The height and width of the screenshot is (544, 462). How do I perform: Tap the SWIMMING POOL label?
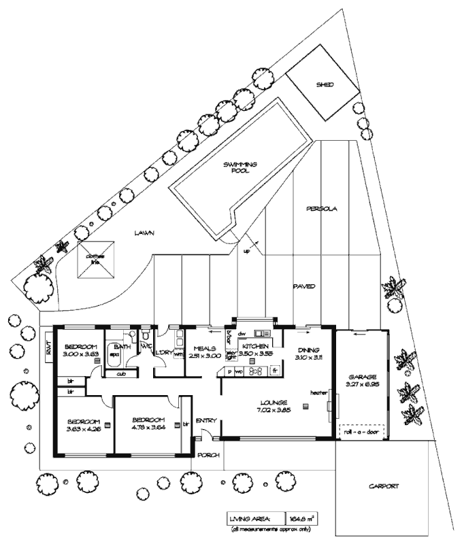pyautogui.click(x=237, y=168)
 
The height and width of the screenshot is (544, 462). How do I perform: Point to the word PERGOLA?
pyautogui.click(x=322, y=208)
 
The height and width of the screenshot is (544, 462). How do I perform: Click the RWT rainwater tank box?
pyautogui.click(x=48, y=347)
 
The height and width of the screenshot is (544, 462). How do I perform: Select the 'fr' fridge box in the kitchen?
pyautogui.click(x=275, y=371)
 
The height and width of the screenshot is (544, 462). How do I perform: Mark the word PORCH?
pyautogui.click(x=209, y=455)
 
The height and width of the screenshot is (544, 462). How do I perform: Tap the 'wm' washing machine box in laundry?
pyautogui.click(x=178, y=354)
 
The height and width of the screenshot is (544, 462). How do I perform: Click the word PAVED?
pyautogui.click(x=304, y=286)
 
